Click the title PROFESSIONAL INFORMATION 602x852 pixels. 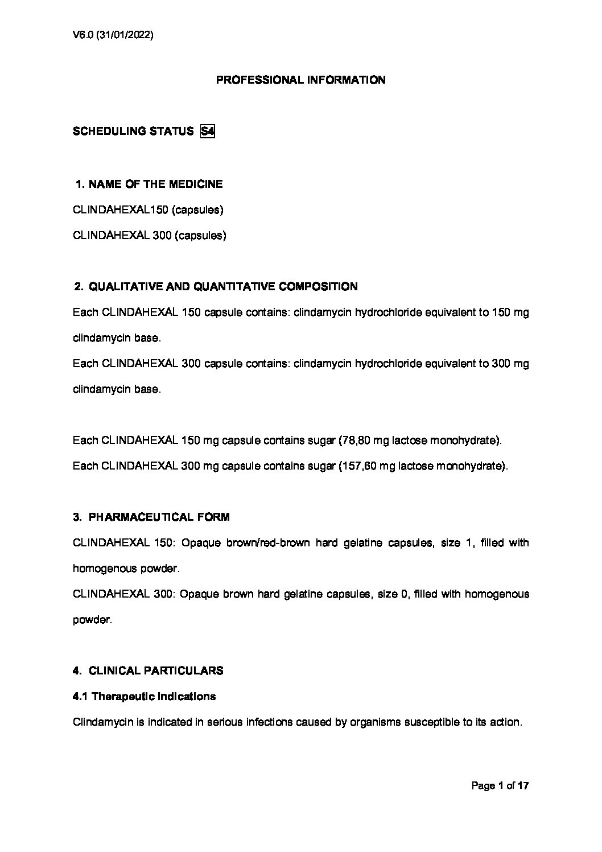click(300, 80)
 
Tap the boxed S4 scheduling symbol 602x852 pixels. click(207, 131)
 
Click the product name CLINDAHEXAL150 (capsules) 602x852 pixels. click(148, 210)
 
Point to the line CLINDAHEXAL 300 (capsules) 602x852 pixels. click(150, 235)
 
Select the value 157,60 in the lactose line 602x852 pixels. click(360, 466)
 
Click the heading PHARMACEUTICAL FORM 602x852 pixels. click(159, 517)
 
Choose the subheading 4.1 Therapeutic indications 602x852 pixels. click(145, 696)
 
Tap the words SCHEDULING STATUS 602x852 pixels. click(133, 131)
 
